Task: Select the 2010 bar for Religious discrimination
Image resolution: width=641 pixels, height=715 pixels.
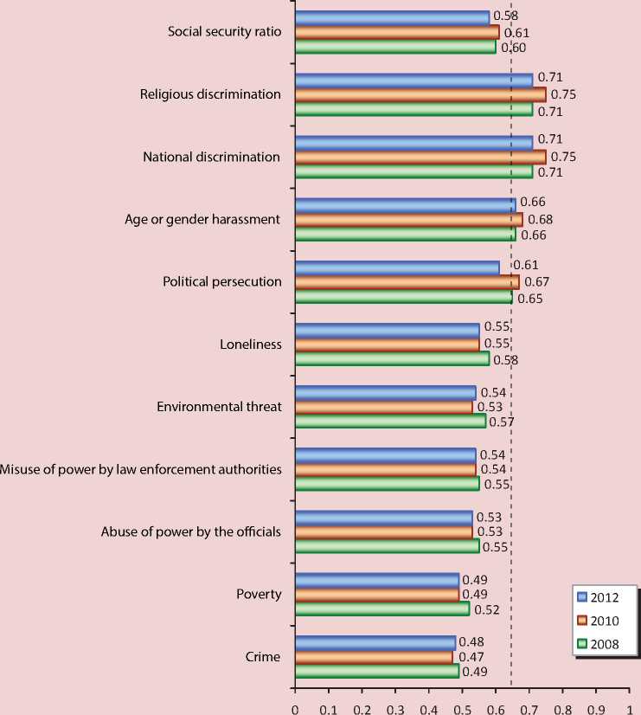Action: [420, 94]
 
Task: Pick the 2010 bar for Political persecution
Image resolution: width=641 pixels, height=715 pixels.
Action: [407, 282]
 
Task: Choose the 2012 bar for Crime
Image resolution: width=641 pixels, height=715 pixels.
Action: [375, 642]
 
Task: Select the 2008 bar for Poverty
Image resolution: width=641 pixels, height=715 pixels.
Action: [381, 609]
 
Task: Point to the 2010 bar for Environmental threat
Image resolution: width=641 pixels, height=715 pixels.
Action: [383, 406]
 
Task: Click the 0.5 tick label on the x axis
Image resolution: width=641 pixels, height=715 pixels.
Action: [462, 706]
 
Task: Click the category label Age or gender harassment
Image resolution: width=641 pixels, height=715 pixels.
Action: [202, 219]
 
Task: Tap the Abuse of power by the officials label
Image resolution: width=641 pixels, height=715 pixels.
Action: [190, 531]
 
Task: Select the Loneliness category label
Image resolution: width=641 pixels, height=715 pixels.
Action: [251, 344]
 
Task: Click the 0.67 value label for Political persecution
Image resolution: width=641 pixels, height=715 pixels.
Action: [537, 282]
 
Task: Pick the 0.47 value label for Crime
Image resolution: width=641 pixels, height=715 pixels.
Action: [471, 658]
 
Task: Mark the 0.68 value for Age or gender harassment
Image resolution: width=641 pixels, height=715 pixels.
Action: [540, 219]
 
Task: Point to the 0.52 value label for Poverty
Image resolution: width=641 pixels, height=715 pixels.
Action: [487, 609]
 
